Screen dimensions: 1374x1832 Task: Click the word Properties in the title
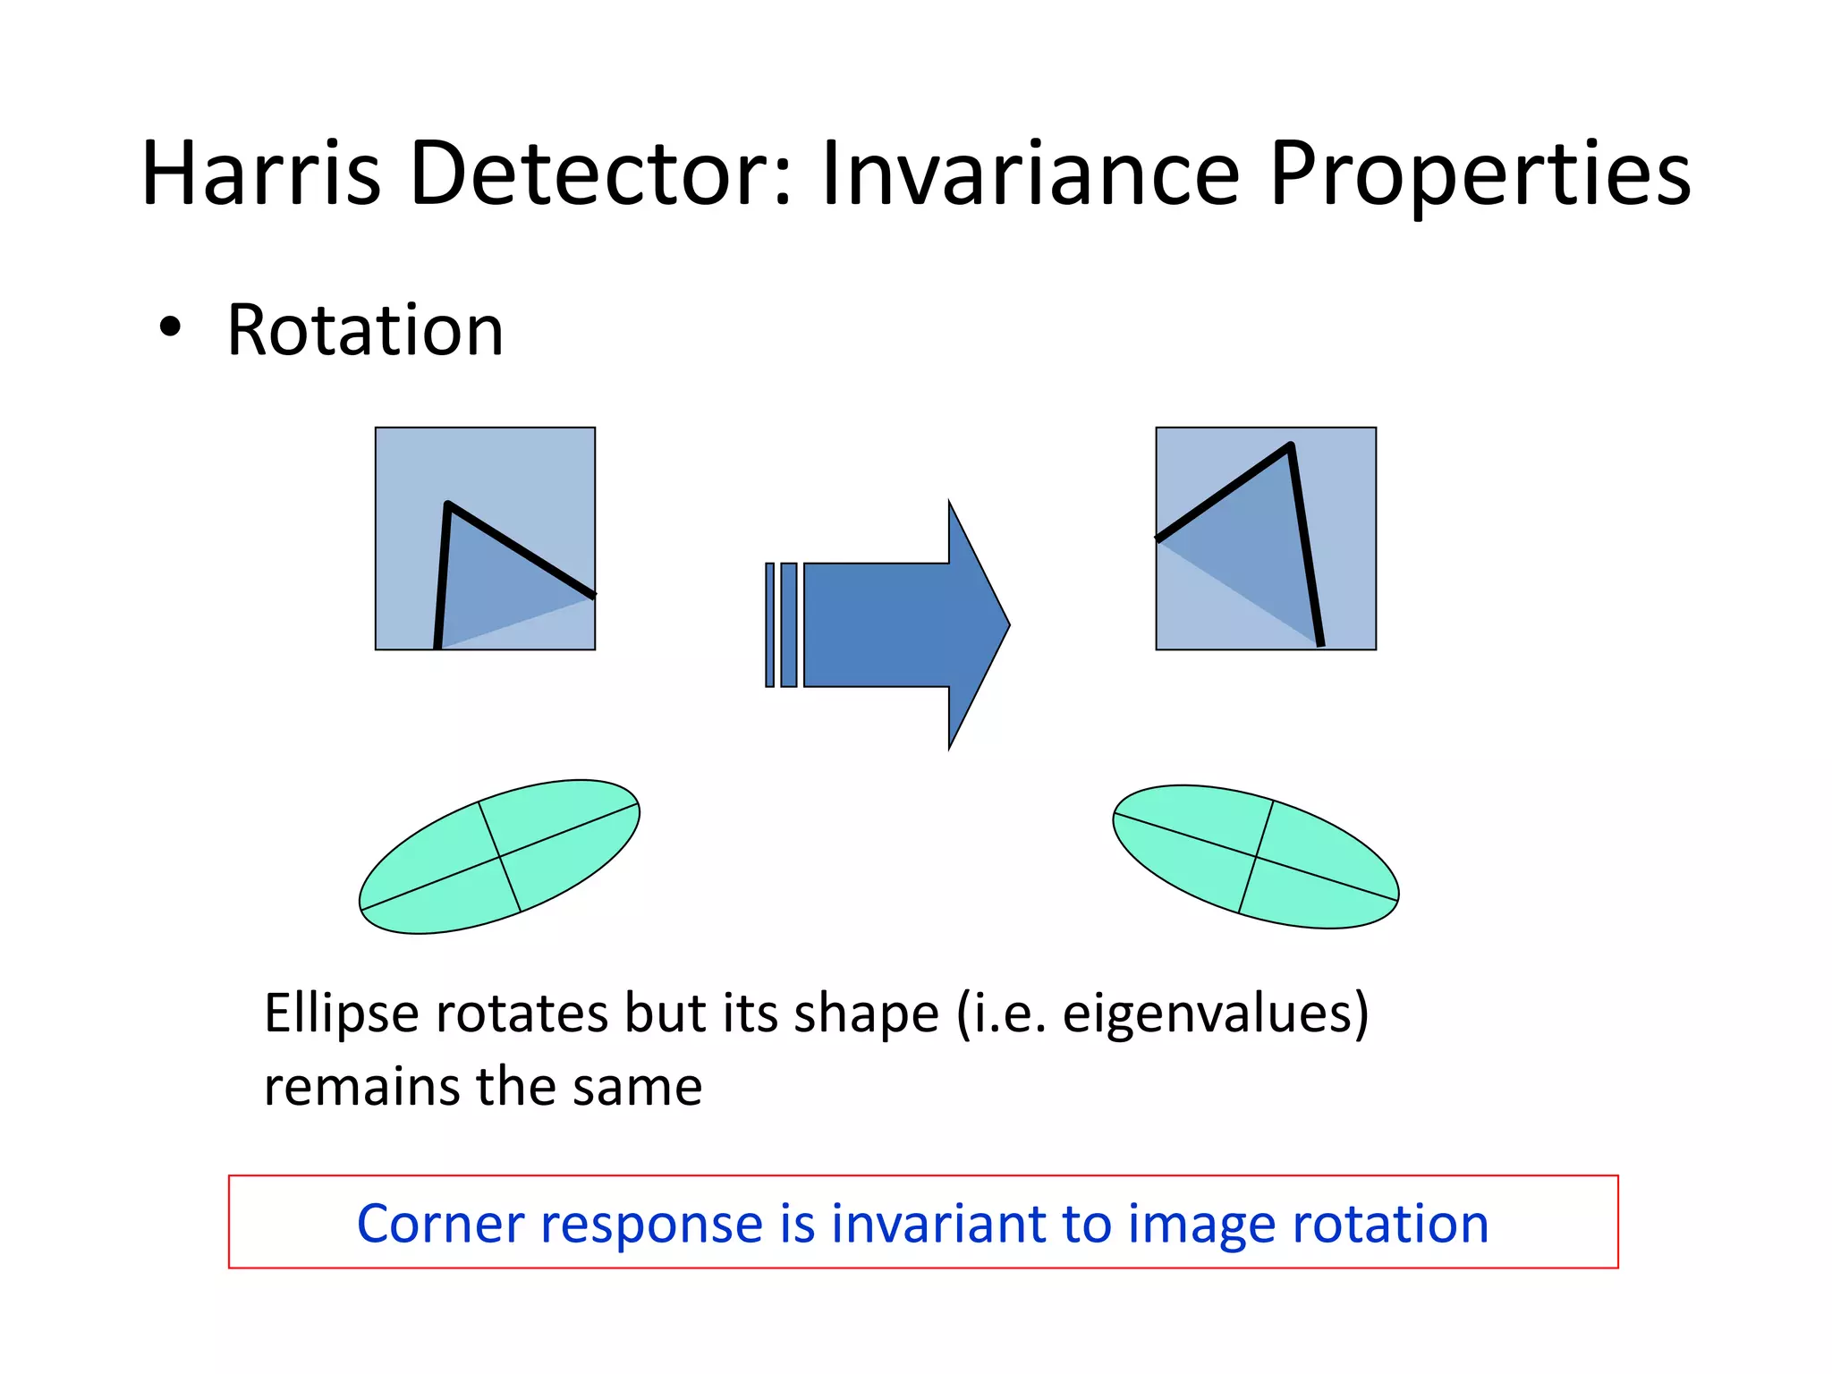click(1480, 174)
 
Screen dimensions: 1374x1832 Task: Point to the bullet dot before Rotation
click(169, 328)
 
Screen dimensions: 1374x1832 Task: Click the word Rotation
click(365, 331)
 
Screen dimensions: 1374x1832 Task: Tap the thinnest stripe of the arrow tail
click(769, 624)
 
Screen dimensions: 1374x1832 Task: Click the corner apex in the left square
click(447, 506)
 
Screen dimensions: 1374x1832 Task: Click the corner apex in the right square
click(1290, 446)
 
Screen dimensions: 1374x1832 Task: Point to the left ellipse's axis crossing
click(499, 856)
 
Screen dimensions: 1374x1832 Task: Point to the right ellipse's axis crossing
click(1256, 857)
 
